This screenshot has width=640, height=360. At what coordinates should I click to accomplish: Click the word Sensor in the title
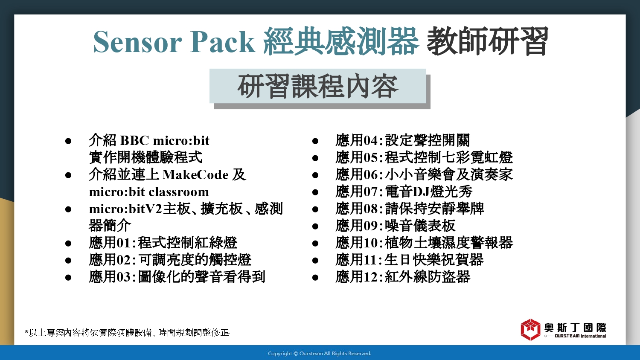point(137,42)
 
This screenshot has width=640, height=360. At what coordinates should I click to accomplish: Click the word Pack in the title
point(222,41)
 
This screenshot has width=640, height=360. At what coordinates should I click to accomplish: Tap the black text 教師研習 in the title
point(487,41)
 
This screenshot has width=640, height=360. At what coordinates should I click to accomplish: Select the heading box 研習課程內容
point(318,86)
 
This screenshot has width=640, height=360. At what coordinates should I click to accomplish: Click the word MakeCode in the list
point(195,174)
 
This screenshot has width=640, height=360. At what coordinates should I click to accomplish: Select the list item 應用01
point(163,243)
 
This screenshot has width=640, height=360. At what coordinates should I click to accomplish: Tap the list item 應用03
point(177,277)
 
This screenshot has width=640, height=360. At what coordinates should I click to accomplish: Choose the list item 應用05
point(424,157)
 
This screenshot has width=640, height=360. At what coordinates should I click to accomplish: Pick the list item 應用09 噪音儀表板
point(396,226)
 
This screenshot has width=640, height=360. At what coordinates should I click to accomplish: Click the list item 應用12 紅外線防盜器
point(403,277)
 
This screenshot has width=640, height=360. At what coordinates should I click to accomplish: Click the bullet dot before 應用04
point(315,141)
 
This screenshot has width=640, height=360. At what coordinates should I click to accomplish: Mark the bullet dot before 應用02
point(68,260)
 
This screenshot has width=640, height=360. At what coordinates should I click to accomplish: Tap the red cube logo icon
point(530,330)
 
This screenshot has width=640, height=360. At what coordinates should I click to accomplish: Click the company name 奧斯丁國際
point(575,328)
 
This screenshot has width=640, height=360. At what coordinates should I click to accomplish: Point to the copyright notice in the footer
point(320,354)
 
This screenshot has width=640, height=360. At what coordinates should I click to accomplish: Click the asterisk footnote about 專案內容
point(127,333)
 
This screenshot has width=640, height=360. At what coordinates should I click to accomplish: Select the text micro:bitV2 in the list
point(125,209)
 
